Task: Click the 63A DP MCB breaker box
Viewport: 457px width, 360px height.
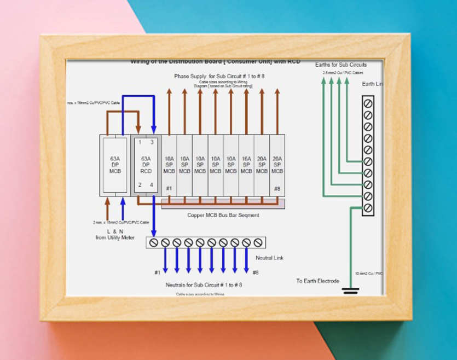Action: [x=115, y=165]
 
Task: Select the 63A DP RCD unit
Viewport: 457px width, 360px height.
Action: [x=146, y=165]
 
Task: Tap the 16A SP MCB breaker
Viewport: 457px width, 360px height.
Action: [x=246, y=165]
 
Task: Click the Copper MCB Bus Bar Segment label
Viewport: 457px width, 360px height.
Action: [x=223, y=215]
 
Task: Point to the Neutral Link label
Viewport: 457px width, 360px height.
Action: [x=270, y=258]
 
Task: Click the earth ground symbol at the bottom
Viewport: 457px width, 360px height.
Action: [x=350, y=291]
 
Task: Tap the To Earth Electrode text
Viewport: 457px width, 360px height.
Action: [x=318, y=281]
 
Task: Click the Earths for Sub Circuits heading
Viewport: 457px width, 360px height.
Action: [x=341, y=65]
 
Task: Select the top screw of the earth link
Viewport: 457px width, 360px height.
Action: [x=368, y=103]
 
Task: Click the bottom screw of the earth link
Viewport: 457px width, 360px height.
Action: [x=368, y=207]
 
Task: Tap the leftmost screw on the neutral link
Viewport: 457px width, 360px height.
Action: [x=154, y=242]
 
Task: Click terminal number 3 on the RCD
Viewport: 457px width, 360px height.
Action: [x=152, y=142]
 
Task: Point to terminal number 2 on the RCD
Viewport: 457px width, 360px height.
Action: [x=140, y=185]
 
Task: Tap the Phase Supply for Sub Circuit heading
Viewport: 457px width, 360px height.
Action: [x=219, y=76]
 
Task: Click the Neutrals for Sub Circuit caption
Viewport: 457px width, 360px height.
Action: [x=204, y=285]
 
